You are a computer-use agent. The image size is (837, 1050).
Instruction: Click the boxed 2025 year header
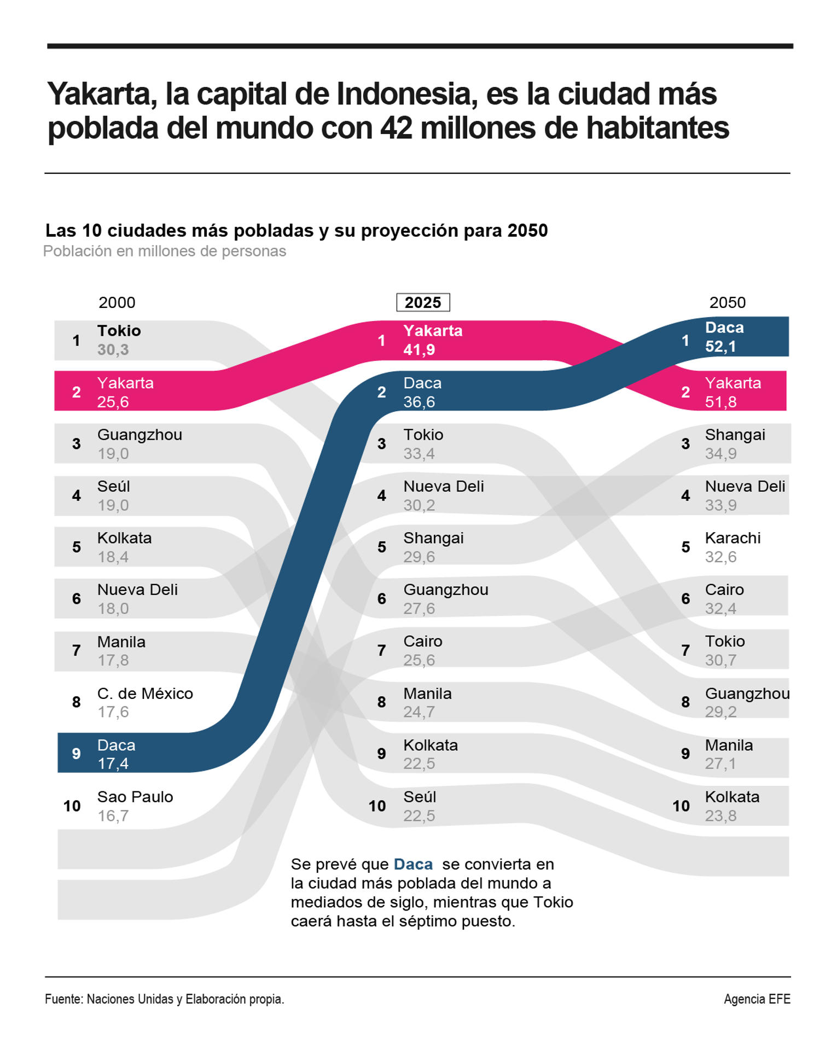coord(422,302)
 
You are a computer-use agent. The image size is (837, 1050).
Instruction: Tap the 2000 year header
coord(117,302)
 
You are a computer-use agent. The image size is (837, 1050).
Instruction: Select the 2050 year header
coord(727,302)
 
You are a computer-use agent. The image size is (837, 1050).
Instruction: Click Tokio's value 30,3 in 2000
coord(113,350)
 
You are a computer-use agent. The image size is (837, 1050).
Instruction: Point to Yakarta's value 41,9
coord(419,350)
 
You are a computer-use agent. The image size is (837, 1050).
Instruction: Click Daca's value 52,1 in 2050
coord(720,347)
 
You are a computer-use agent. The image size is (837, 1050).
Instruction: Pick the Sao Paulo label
coord(135,797)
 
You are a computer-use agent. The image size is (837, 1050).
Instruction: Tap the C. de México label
coord(145,693)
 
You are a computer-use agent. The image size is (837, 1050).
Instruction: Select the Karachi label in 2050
coord(733,538)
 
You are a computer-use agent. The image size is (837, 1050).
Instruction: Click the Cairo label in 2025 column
coord(422,641)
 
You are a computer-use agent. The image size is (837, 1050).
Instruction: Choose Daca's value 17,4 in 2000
coord(113,763)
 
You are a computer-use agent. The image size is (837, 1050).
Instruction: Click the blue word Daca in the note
coord(413,865)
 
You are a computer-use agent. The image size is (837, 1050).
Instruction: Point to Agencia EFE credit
coord(757,999)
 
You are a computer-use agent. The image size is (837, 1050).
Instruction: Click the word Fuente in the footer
coord(63,999)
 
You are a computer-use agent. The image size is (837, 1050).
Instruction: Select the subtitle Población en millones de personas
coord(164,251)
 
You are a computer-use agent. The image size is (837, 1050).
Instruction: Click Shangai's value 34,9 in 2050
coord(720,454)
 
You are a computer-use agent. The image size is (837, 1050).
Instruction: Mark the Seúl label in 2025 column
coord(419,797)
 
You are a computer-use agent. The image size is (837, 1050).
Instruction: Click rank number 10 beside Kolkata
coord(681,806)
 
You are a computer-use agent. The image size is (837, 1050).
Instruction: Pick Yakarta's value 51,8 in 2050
coord(720,402)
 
